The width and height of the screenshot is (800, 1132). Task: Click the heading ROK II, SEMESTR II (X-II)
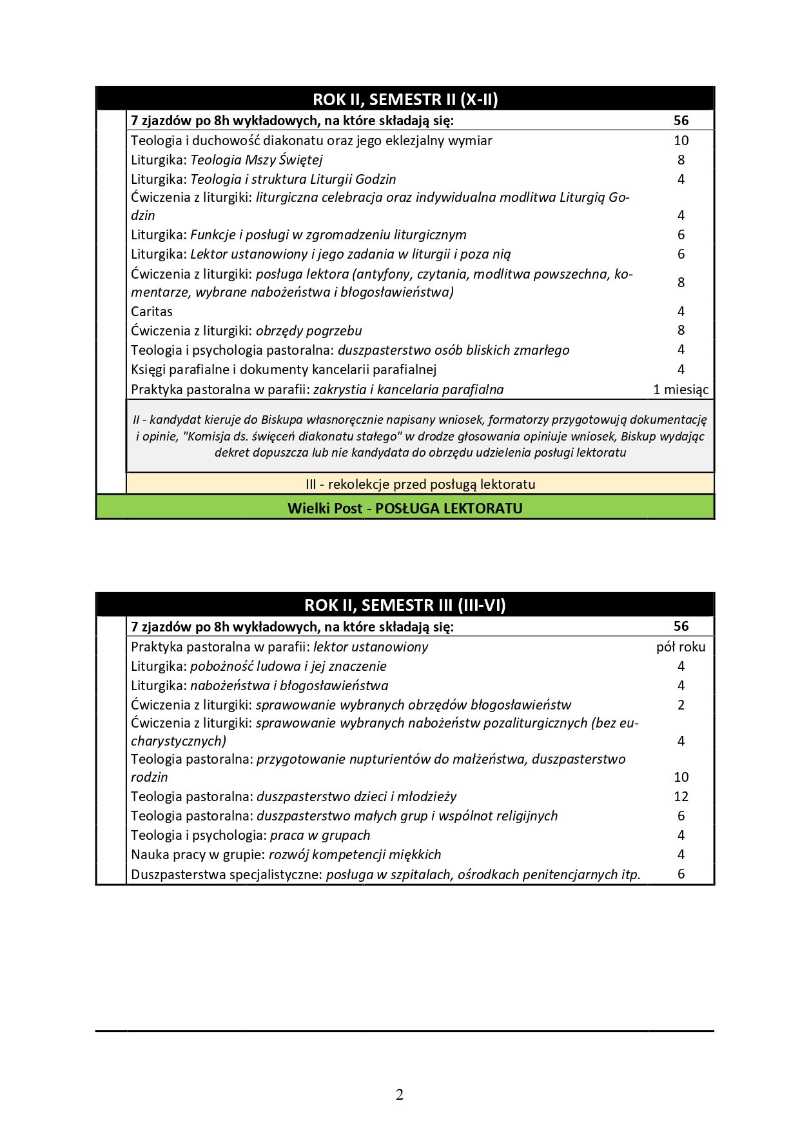(405, 99)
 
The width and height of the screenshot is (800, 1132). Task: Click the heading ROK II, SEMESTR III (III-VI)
(405, 605)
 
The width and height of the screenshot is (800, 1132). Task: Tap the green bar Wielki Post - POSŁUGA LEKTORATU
(405, 508)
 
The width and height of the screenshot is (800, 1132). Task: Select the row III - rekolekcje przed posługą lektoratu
(420, 484)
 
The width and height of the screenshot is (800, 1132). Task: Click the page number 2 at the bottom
(400, 1095)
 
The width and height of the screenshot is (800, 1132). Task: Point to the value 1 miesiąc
(681, 390)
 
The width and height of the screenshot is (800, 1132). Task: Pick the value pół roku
(681, 647)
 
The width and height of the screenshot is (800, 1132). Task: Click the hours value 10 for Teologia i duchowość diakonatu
(681, 141)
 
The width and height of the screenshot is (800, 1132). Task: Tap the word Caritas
(152, 312)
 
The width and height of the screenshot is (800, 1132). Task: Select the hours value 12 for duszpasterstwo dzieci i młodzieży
(681, 797)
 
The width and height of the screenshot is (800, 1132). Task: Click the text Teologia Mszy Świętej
(257, 160)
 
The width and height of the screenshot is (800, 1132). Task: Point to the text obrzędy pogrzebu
(309, 331)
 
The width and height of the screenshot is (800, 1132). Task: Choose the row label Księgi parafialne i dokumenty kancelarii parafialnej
(284, 370)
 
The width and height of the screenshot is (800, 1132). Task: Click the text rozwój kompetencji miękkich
(355, 855)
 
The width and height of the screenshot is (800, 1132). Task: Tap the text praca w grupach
(320, 835)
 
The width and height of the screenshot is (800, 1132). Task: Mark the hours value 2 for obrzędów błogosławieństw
(681, 705)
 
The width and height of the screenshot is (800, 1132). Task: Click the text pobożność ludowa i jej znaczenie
(288, 666)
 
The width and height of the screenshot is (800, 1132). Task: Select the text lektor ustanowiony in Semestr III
(371, 647)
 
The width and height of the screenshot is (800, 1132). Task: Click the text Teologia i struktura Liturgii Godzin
(293, 179)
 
